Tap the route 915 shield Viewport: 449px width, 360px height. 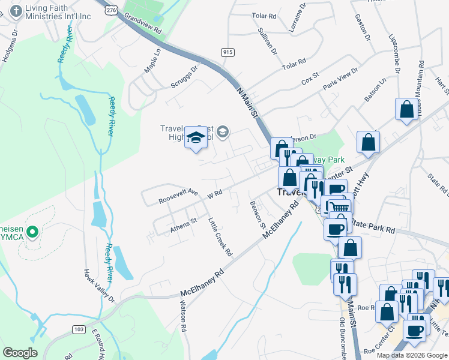(227, 52)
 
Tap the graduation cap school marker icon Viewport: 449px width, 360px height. (196, 139)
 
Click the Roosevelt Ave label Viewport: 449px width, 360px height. (178, 196)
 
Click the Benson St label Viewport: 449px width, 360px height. (258, 214)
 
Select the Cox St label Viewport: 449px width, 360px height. (310, 78)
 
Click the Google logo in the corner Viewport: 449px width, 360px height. (20, 353)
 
